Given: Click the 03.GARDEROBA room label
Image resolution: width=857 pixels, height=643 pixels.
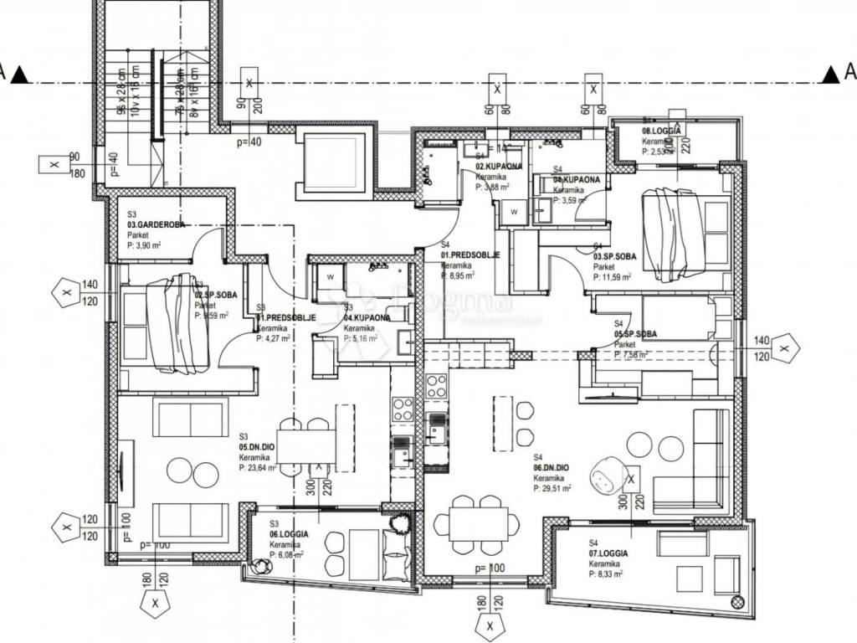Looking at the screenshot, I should tap(156, 225).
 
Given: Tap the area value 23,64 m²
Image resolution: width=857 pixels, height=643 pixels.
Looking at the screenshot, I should tap(258, 469).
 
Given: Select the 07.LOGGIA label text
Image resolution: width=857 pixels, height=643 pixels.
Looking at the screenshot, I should tap(608, 554).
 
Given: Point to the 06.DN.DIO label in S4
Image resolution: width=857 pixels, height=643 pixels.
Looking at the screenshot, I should tap(552, 469).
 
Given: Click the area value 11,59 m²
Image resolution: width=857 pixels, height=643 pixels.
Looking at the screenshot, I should tap(613, 277).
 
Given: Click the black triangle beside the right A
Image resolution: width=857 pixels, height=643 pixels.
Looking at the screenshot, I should tap(830, 76).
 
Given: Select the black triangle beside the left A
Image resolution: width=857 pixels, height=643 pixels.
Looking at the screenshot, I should tap(21, 76).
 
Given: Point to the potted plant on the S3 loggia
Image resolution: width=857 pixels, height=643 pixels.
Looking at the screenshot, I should tap(399, 522).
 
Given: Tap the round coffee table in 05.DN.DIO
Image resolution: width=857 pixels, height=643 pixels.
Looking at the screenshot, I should tap(180, 466).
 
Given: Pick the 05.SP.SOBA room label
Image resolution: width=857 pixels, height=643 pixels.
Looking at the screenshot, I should tap(635, 334).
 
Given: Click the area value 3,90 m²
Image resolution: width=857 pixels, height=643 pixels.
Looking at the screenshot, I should tap(147, 246).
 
